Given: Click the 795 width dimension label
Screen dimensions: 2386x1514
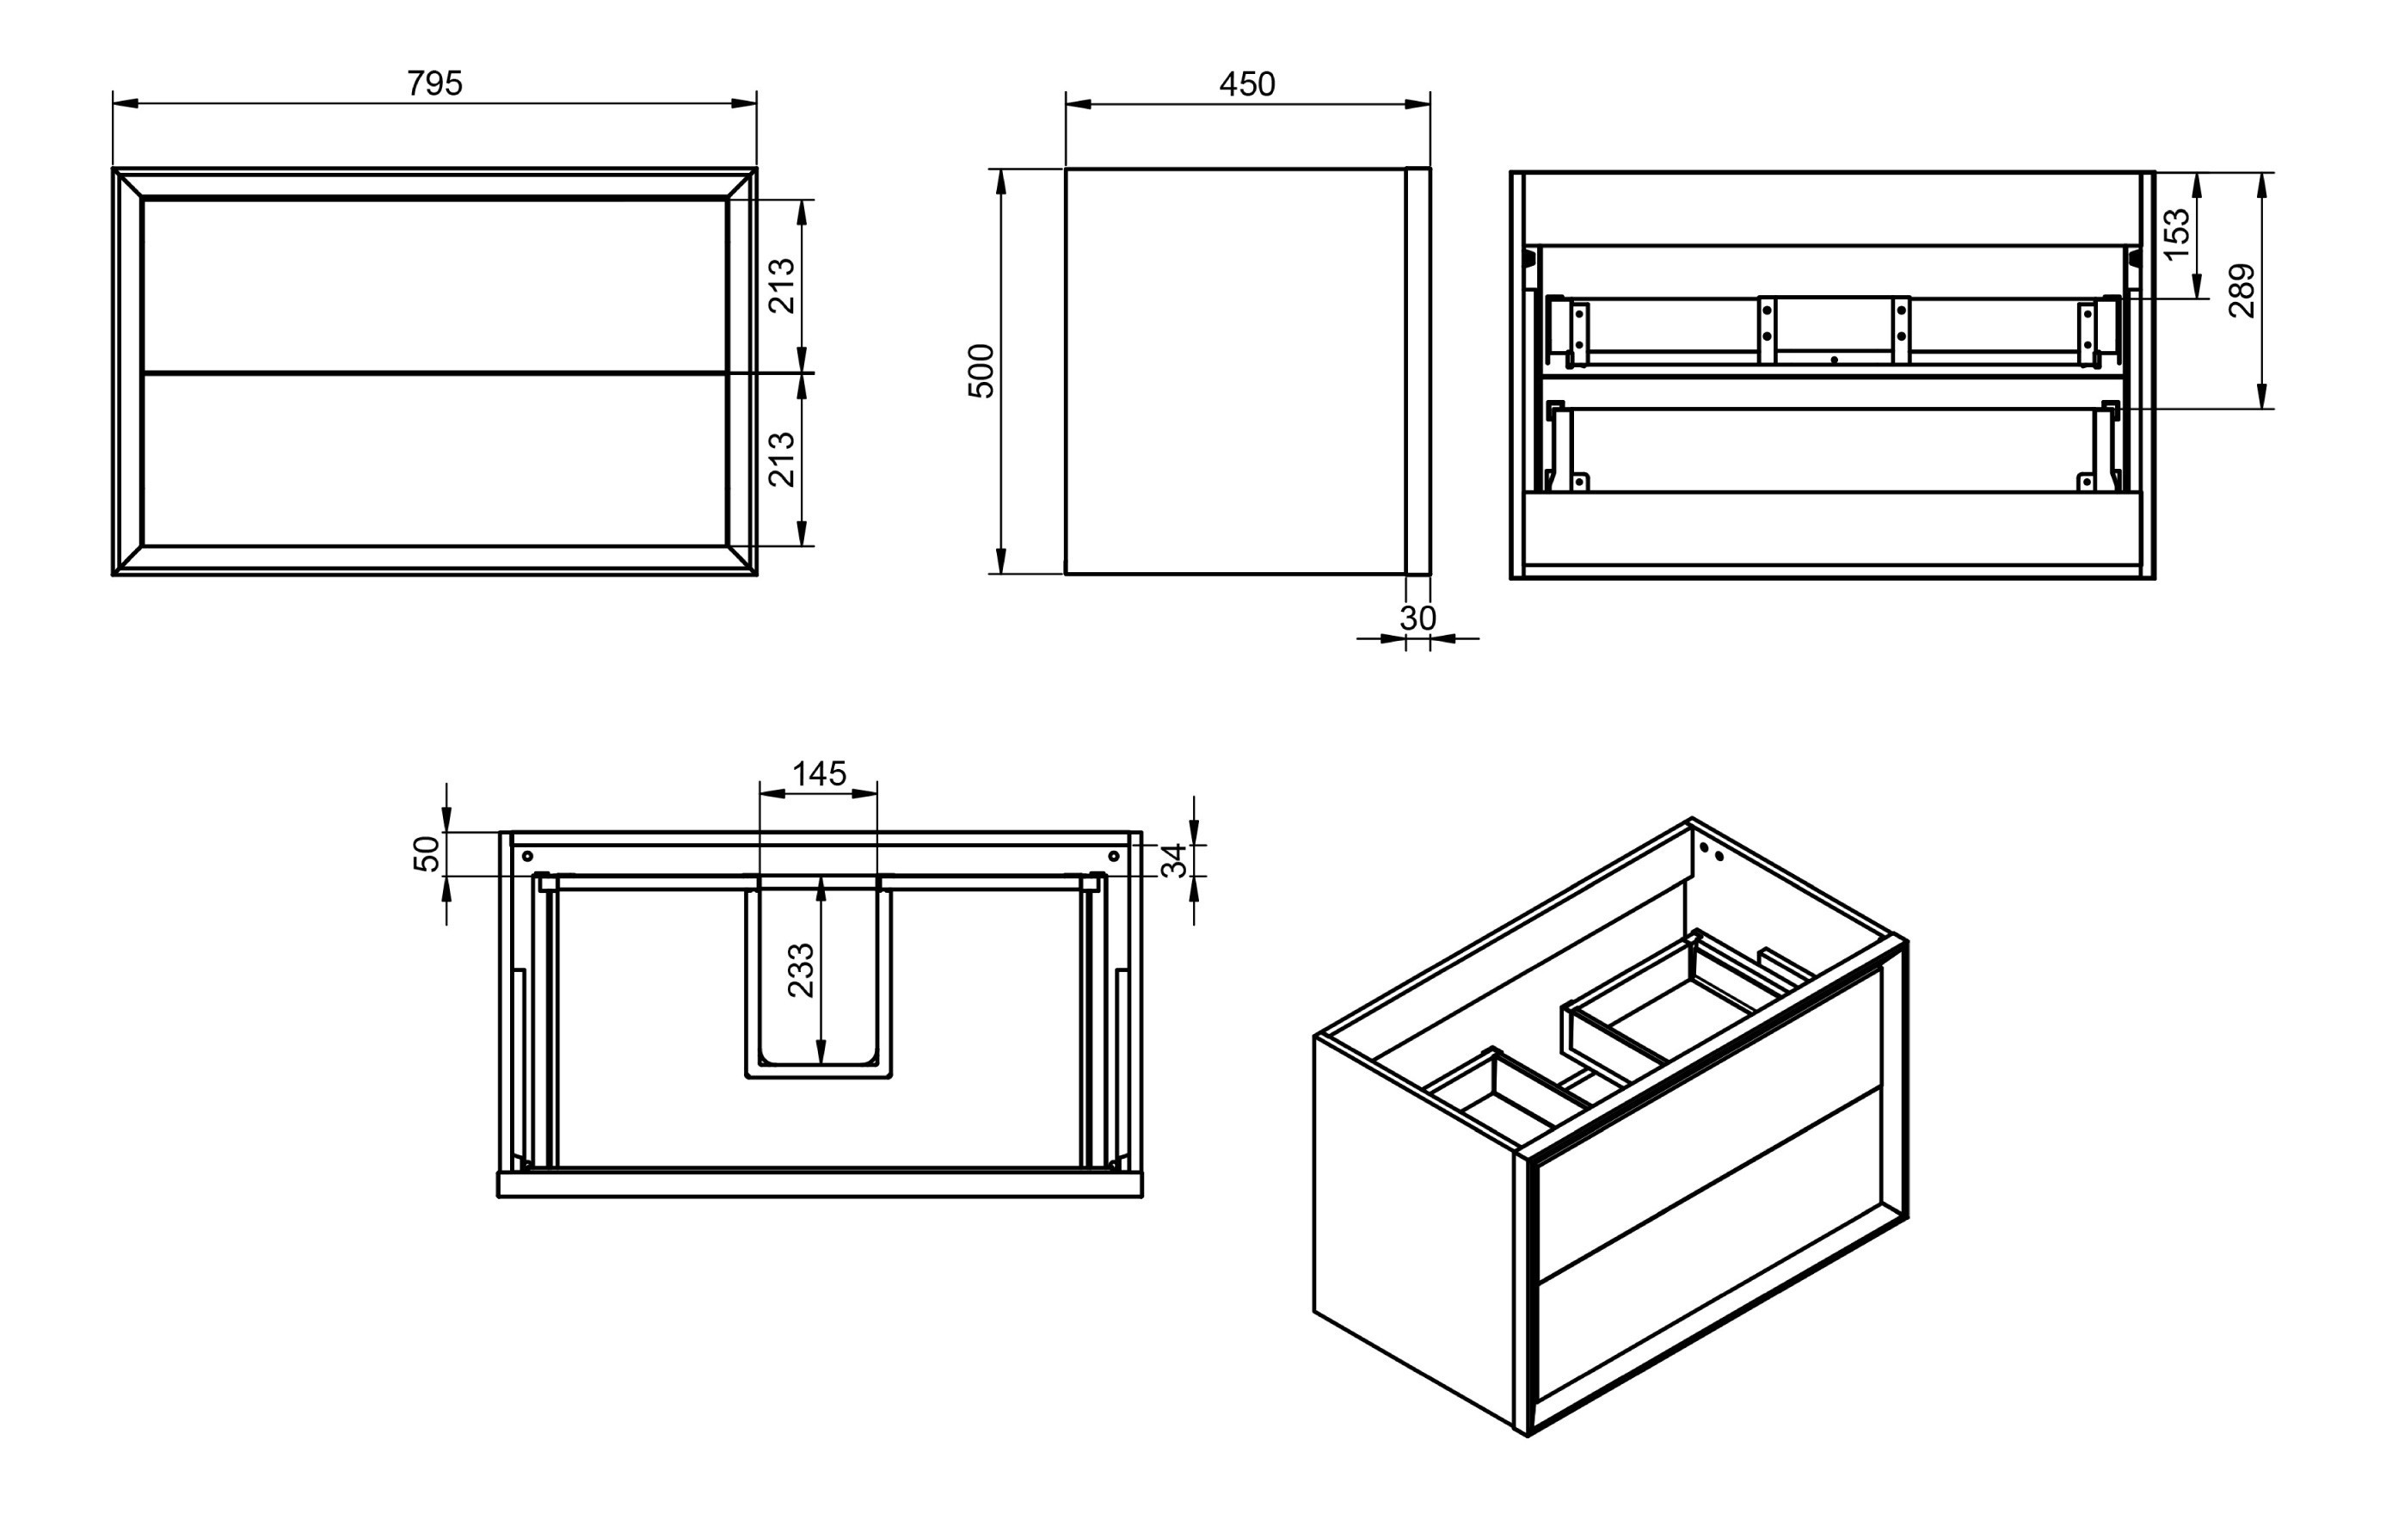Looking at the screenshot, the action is [x=434, y=83].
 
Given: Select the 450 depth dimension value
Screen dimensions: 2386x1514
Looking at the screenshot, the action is [x=1246, y=84].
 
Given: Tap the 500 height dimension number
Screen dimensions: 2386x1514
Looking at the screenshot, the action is [x=981, y=371].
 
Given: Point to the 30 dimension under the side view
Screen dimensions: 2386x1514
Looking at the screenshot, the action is [x=1418, y=619].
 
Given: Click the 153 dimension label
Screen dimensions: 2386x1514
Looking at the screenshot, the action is [x=2177, y=234].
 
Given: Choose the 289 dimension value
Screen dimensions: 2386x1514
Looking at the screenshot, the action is [x=2242, y=290].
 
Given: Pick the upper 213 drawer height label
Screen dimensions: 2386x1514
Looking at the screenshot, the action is [x=783, y=286].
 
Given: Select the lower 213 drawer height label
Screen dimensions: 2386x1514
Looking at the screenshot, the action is [x=783, y=459].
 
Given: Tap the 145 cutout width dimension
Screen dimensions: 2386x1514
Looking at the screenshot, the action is [x=820, y=772].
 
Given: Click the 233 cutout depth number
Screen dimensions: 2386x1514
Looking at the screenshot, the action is [x=801, y=971].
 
